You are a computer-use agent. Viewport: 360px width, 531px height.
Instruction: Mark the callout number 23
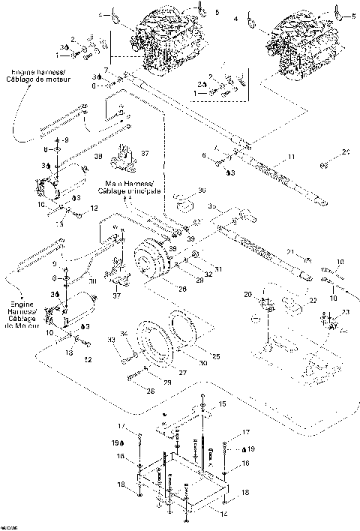(344, 312)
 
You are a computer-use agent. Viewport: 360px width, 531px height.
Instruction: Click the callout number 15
(220, 404)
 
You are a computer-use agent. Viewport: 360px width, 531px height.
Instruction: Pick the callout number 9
(65, 140)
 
